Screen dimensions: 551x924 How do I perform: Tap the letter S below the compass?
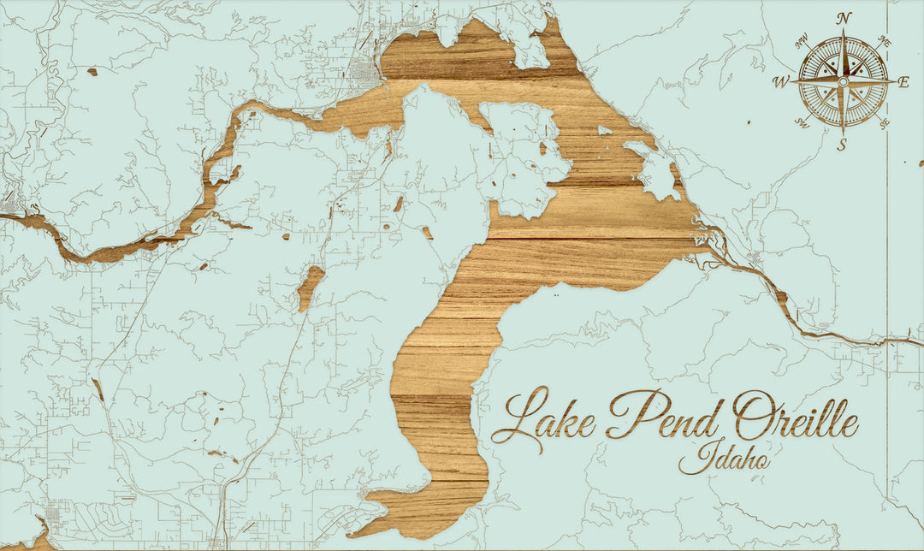(x=842, y=143)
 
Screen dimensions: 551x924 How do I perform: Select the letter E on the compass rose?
(x=903, y=82)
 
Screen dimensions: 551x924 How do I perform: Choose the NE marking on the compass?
(x=885, y=41)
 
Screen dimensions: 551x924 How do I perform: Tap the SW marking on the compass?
(x=803, y=121)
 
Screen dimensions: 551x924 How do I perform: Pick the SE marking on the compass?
(x=883, y=121)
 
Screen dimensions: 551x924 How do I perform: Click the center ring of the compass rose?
(x=843, y=81)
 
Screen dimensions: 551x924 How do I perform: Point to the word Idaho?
(x=724, y=459)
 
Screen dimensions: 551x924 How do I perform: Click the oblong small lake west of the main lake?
(x=311, y=287)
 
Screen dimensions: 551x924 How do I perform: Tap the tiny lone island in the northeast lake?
(x=605, y=130)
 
